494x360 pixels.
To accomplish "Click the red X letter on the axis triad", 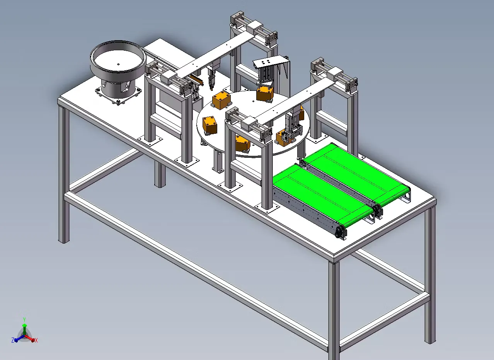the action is click(x=36, y=340).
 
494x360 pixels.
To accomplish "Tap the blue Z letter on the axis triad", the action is click(x=13, y=340).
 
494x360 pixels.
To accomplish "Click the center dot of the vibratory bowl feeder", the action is click(x=118, y=65).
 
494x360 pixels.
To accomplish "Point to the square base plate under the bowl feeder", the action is click(x=118, y=96).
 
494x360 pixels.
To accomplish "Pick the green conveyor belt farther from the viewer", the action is click(x=357, y=174).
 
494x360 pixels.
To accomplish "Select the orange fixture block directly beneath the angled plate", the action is click(x=265, y=94).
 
